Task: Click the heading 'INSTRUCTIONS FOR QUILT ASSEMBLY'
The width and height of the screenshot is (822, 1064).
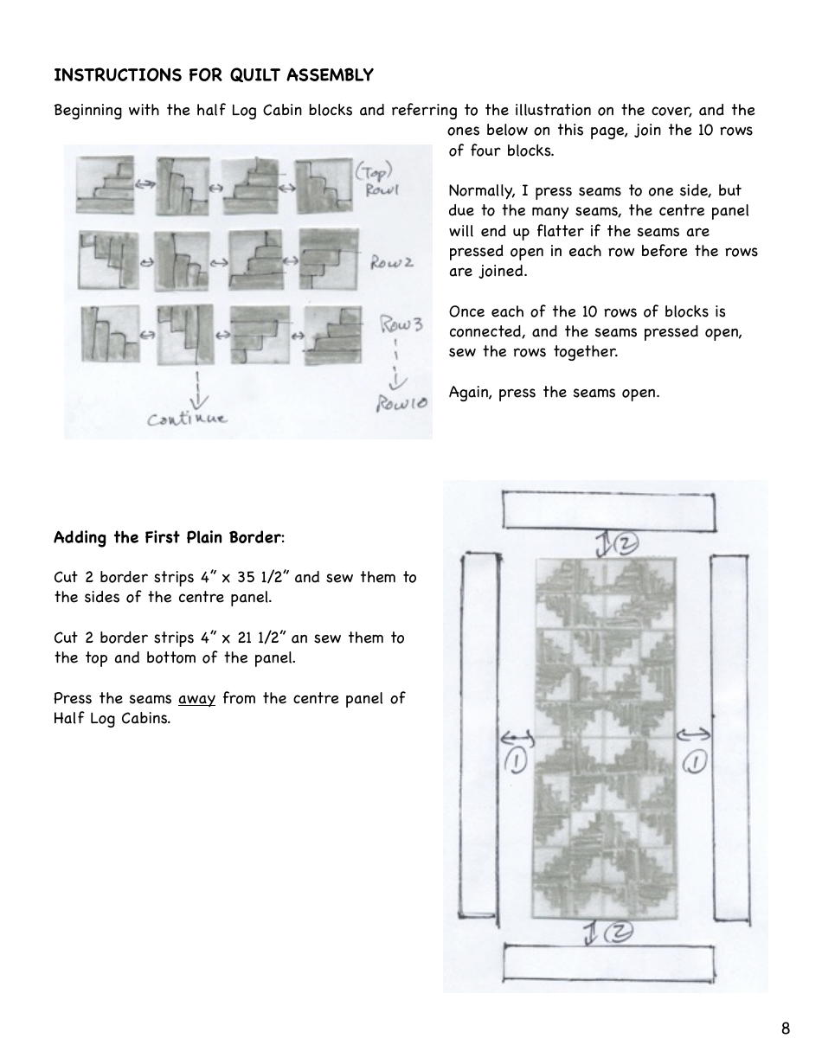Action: tap(214, 75)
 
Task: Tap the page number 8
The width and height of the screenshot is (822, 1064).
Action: tap(785, 1029)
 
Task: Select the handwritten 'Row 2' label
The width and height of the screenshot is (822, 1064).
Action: tap(392, 261)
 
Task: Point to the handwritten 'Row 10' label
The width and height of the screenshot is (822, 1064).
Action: tap(401, 403)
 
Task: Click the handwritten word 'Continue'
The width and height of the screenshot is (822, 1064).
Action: tap(188, 420)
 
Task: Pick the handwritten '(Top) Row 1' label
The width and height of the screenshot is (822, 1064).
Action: tap(378, 179)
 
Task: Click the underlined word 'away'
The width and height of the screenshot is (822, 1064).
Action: tap(196, 698)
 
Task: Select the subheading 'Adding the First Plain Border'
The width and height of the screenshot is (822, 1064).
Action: tap(168, 537)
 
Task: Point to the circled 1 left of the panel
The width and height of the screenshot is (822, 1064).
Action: tap(516, 760)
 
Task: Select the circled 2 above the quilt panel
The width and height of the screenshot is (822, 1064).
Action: tap(626, 542)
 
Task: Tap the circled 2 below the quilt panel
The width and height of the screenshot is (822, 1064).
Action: tap(620, 932)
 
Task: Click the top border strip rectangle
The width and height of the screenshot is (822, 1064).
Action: tap(608, 510)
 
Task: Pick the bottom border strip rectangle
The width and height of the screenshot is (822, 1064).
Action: tap(608, 963)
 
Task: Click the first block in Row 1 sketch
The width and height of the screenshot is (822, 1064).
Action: tap(105, 185)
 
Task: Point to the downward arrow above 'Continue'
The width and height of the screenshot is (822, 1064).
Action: tap(199, 389)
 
